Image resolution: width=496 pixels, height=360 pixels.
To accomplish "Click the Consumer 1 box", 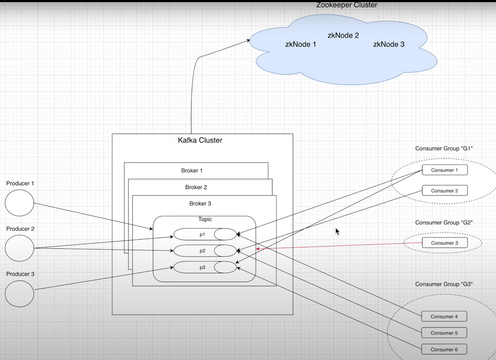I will tap(445, 170).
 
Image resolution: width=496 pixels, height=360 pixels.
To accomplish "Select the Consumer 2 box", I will tap(445, 191).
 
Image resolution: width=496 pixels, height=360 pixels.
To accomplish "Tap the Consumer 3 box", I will tap(445, 243).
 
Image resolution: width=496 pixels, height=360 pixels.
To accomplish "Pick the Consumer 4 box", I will tap(444, 317).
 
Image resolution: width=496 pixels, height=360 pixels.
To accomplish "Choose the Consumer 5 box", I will tap(444, 333).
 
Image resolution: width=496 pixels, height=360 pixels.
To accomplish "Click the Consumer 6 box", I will tap(444, 349).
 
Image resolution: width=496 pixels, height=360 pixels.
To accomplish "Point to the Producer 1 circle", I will tap(19, 203).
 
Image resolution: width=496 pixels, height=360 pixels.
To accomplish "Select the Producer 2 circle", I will tap(19, 248).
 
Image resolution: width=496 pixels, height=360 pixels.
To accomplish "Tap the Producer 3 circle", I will tap(19, 293).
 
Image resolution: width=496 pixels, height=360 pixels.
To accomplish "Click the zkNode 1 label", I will tap(301, 44).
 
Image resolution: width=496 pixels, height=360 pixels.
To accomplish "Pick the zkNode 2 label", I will tap(343, 35).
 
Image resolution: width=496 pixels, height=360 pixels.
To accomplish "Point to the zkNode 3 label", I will tap(389, 44).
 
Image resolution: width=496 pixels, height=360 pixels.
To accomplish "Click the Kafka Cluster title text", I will tap(200, 140).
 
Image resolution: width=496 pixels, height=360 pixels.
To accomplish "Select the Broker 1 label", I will tap(192, 171).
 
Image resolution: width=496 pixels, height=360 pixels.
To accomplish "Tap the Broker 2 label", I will tap(196, 187).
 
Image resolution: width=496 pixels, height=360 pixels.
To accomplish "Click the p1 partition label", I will tap(202, 235).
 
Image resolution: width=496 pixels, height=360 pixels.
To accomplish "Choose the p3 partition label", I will tap(202, 268).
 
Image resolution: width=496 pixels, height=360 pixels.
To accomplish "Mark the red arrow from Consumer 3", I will tap(340, 246).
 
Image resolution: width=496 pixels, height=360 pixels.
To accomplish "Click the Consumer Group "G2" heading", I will tap(444, 223).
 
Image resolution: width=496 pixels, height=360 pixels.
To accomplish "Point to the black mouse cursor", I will tap(337, 231).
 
